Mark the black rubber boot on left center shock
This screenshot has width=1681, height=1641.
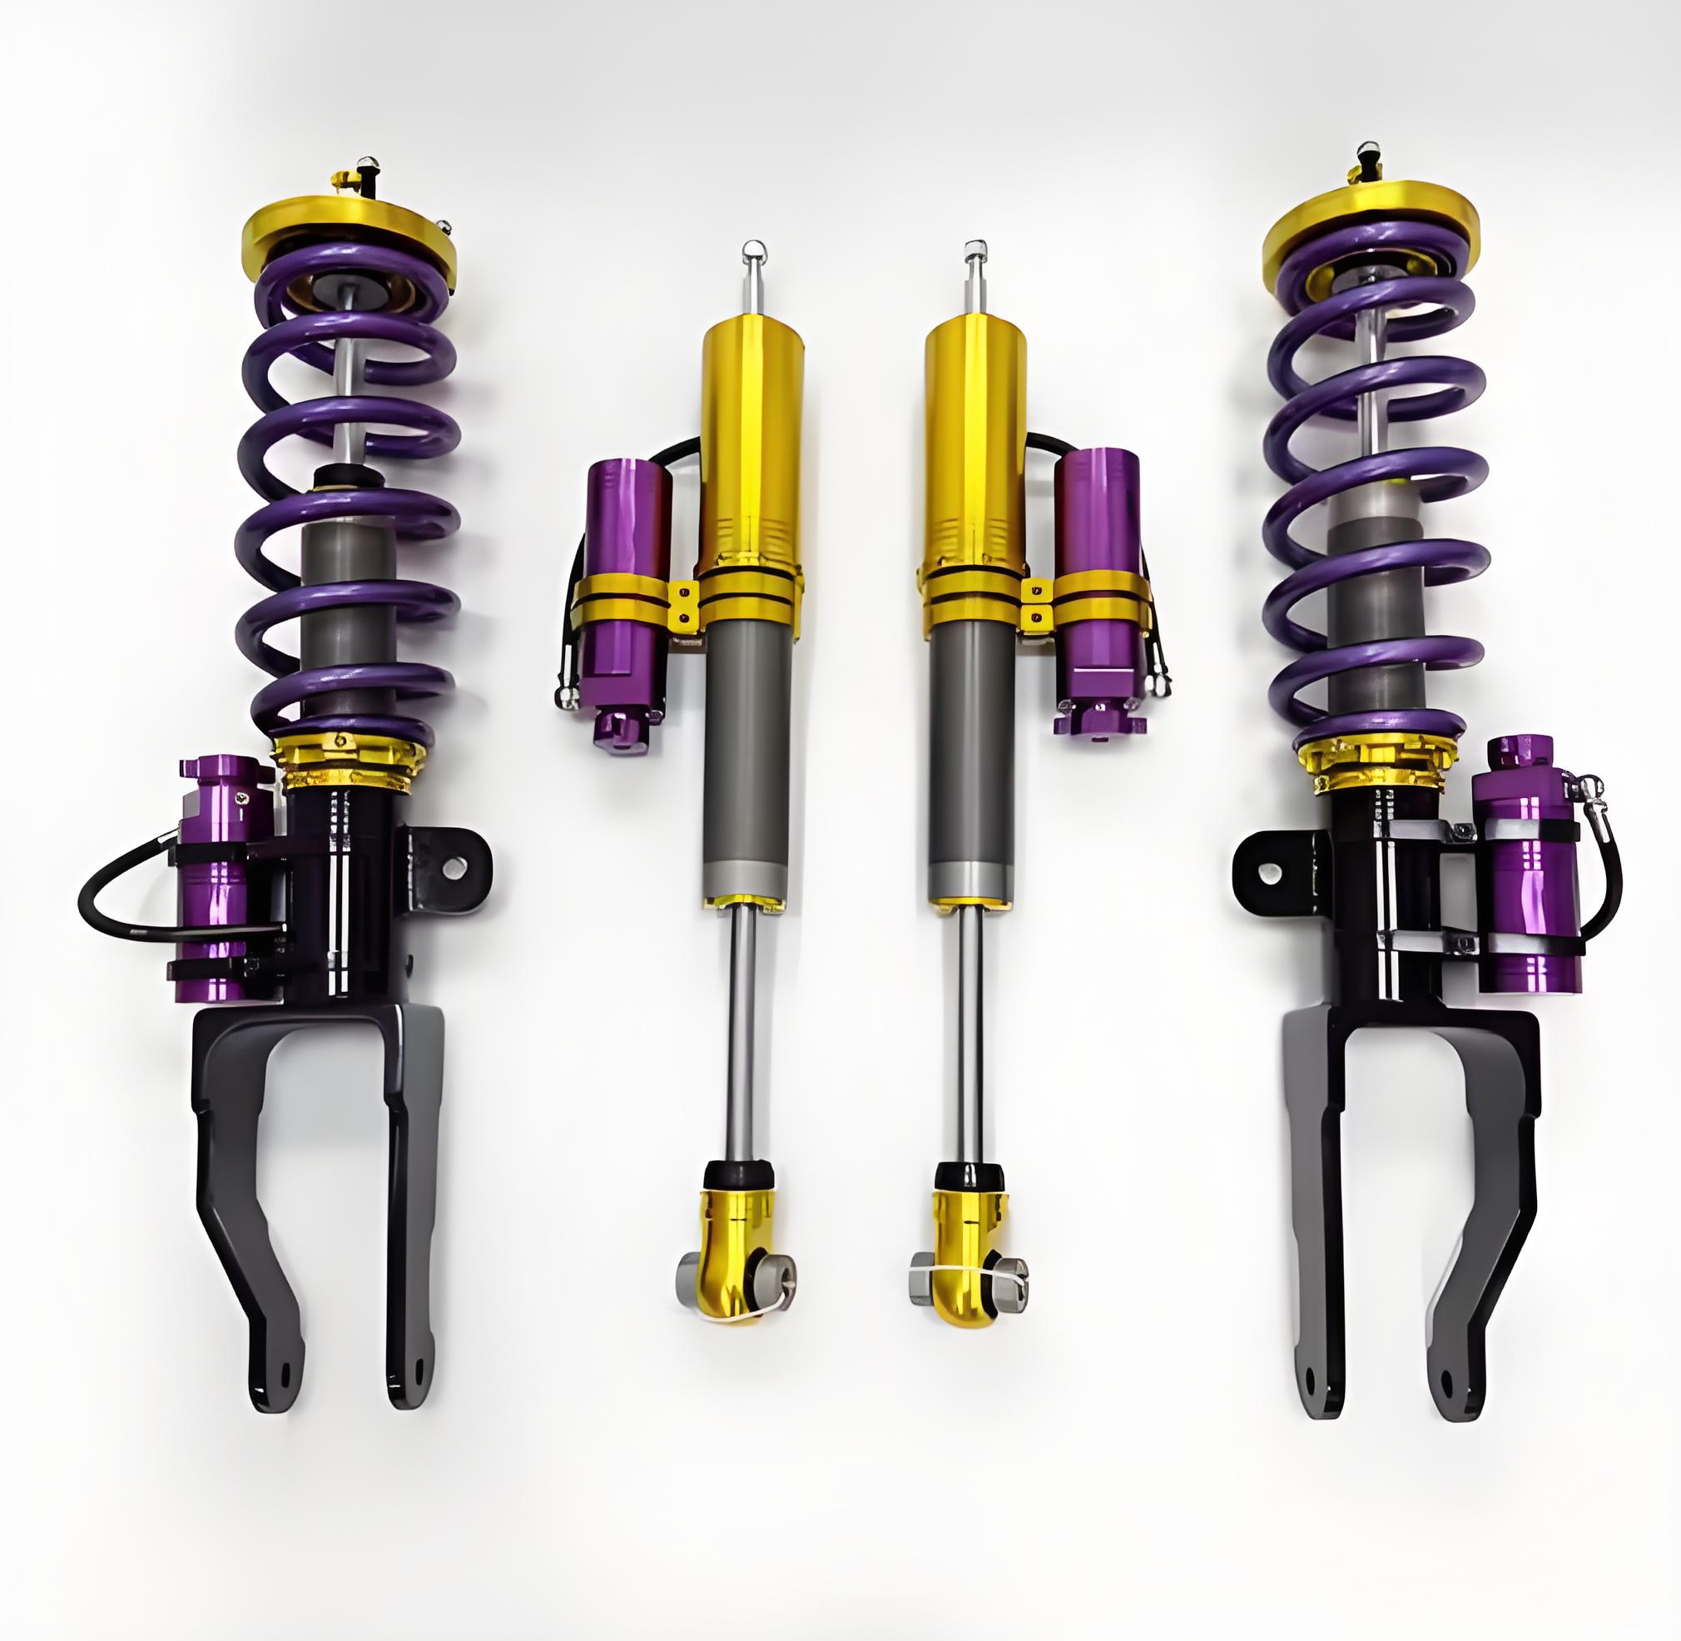(738, 1174)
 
